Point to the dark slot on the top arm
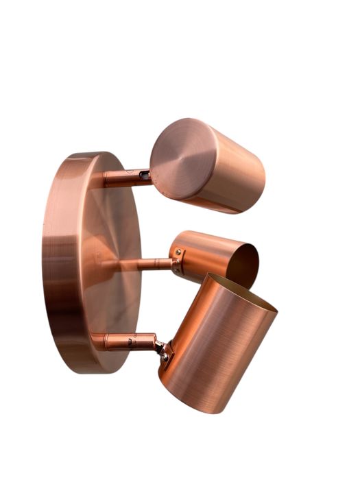point(144,176)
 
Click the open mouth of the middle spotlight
point(243,264)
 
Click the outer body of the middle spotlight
point(202,251)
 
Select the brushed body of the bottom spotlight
point(216,350)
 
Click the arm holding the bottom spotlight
point(123,341)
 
